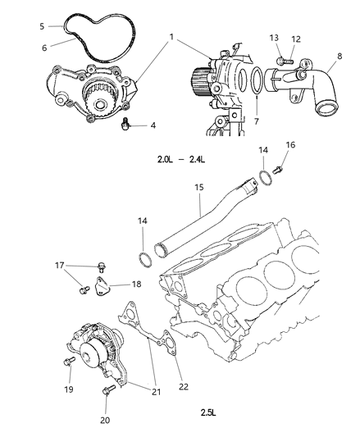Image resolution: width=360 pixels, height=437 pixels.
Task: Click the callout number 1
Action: [x=171, y=37]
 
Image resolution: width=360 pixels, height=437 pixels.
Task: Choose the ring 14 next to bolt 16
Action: [x=266, y=178]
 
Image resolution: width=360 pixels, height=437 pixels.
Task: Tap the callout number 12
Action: [x=296, y=39]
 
